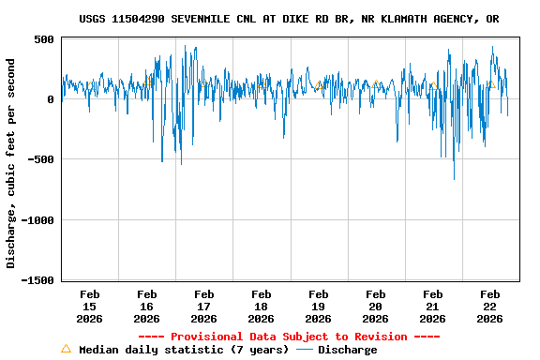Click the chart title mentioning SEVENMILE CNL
pos(289,19)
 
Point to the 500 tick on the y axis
pos(44,39)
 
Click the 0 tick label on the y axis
pos(52,99)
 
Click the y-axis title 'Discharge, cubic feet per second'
pos(11,163)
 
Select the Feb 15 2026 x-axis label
pos(89,306)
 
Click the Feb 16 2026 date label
pos(146,306)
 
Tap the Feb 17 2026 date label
pos(203,306)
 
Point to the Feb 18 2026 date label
pos(261,306)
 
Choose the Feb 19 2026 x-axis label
pos(318,306)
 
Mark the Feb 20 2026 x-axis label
pos(375,306)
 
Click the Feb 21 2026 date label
pos(432,306)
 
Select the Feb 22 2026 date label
pos(489,306)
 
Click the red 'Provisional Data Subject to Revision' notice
pos(289,337)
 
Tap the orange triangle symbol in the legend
pos(66,349)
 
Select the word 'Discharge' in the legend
pos(347,350)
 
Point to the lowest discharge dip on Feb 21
pos(454,178)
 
